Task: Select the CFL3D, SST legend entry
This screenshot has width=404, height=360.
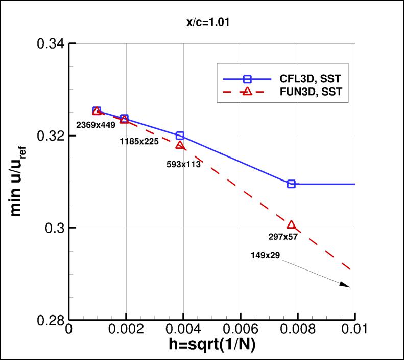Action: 299,79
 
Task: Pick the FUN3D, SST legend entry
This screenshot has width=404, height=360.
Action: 299,92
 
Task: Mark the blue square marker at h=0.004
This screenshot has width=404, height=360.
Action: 180,136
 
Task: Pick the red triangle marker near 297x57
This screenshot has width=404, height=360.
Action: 291,225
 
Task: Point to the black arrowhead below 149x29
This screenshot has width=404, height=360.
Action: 346,285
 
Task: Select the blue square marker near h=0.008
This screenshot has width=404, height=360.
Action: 291,184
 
